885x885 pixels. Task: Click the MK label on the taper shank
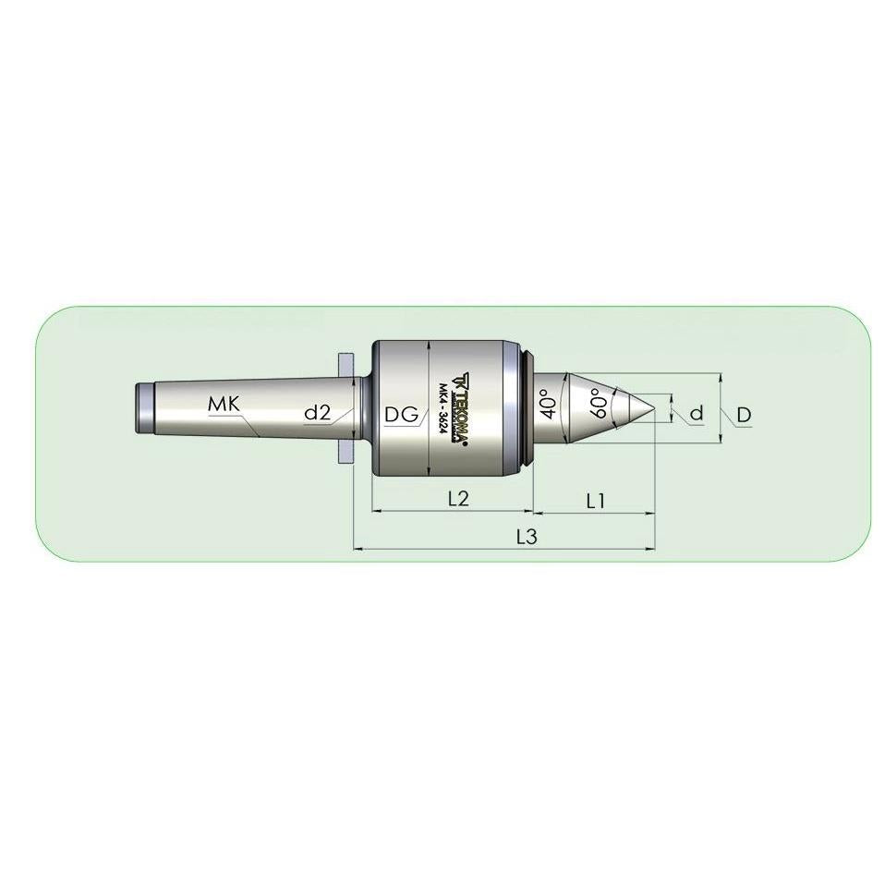point(224,404)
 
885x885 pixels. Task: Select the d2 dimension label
point(317,413)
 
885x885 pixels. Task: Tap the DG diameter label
point(402,415)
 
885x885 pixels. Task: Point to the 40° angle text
point(548,404)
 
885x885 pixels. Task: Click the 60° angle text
point(598,403)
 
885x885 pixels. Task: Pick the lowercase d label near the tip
point(697,414)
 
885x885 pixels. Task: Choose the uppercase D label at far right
point(745,415)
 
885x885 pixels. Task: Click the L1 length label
point(596,501)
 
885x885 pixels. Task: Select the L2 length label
point(458,498)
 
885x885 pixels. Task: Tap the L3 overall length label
point(527,537)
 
